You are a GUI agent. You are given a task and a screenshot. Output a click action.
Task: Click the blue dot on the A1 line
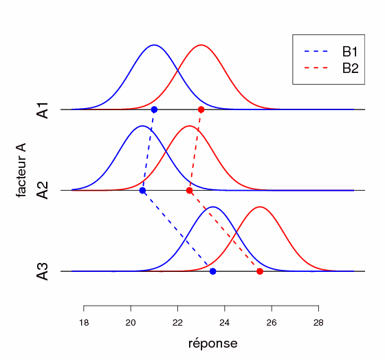click(154, 109)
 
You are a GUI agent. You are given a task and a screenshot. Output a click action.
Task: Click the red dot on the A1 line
click(201, 109)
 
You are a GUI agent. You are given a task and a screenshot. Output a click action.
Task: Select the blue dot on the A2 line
click(142, 191)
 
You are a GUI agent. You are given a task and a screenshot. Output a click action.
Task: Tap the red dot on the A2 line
click(189, 191)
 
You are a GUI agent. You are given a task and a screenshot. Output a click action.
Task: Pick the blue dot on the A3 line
click(212, 271)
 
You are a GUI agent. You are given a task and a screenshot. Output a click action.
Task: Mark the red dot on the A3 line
click(260, 271)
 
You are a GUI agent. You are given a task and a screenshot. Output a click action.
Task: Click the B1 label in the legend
click(350, 51)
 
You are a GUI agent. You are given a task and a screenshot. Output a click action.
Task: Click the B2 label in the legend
click(350, 67)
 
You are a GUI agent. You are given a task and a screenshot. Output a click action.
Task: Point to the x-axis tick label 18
click(84, 322)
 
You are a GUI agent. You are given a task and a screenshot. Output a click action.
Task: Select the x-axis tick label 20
click(131, 322)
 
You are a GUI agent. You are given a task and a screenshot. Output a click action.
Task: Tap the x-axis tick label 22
click(177, 322)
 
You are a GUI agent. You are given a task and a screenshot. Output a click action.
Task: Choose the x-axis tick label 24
click(224, 322)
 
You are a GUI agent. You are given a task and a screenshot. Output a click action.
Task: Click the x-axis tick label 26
click(272, 322)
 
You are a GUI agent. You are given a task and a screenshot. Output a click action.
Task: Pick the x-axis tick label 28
click(318, 322)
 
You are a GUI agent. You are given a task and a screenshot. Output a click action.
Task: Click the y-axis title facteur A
click(22, 170)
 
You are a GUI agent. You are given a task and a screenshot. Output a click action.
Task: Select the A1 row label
click(43, 110)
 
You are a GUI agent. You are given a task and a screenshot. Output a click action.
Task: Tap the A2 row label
click(43, 191)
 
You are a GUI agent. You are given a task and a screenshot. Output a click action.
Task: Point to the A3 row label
click(43, 271)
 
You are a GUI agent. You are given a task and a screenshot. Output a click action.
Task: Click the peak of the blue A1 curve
click(154, 45)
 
